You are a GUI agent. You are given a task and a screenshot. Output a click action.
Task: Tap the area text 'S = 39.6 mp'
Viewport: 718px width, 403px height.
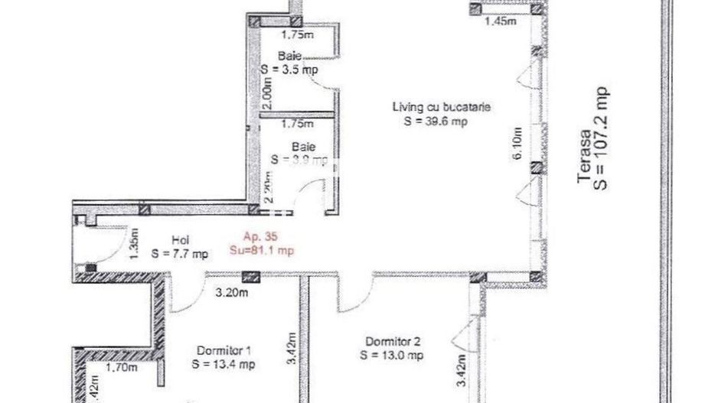coord(431,121)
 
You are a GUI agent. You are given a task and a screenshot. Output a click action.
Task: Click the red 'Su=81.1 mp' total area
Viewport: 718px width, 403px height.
coord(263,249)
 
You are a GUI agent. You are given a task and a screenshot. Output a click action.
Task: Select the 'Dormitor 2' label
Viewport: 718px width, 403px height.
coord(392,342)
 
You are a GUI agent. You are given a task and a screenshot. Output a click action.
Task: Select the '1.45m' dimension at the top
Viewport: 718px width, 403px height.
coord(501,21)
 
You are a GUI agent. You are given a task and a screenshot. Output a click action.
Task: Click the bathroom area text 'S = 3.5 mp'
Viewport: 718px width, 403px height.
coord(289,69)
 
